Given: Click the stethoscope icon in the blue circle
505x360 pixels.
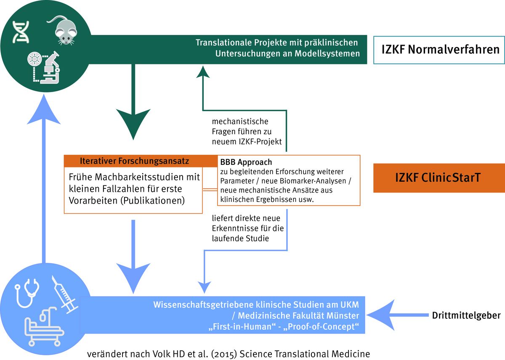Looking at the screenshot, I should point(27,295).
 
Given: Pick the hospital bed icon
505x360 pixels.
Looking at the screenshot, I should point(42,326).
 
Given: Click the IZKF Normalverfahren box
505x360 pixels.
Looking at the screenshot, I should point(439,50).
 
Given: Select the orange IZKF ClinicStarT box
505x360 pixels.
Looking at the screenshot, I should point(439,178).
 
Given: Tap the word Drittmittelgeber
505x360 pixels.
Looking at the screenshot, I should point(466,315).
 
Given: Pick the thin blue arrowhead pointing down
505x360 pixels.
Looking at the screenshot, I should point(205,287).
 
